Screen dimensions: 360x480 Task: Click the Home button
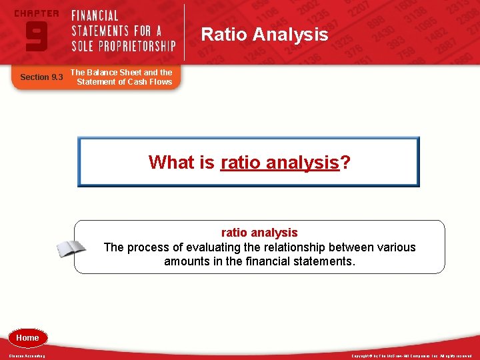tap(27, 338)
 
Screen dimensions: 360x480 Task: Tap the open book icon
tap(71, 249)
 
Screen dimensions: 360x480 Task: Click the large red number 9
tap(36, 37)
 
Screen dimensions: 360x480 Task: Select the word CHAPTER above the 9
tap(36, 13)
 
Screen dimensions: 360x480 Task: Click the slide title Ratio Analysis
tap(265, 34)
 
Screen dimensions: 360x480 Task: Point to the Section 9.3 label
tap(41, 77)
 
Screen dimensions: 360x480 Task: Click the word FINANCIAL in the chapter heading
tap(95, 15)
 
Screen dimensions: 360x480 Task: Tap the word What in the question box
tap(171, 162)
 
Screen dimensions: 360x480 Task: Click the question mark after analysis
tap(345, 162)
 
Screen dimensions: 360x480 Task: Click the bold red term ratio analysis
tap(259, 233)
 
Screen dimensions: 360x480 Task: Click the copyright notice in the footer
tap(411, 356)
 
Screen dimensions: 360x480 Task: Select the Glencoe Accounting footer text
tap(27, 356)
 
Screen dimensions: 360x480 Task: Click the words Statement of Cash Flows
tap(124, 82)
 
